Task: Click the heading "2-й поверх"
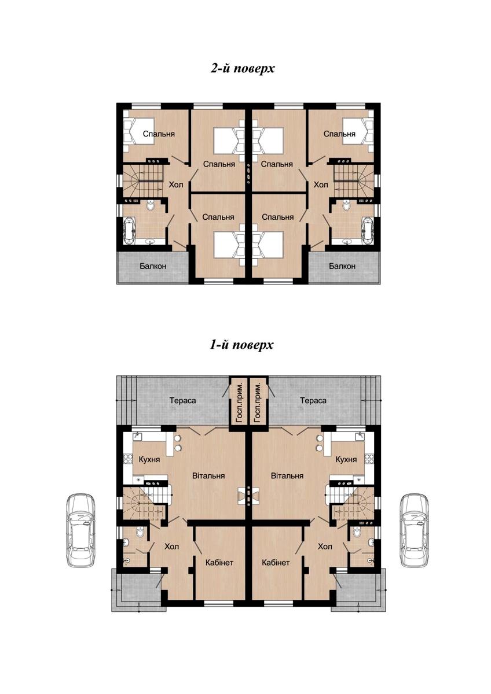coord(243,68)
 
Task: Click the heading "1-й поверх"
coord(241,345)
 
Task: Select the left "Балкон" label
coord(153,266)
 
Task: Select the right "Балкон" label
coord(342,266)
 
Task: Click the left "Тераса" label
coord(183,400)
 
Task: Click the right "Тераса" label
coord(313,400)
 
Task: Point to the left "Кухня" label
coord(149,459)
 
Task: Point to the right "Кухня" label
coord(346,459)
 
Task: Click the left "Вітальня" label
coord(208,475)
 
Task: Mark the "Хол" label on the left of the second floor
coord(176,185)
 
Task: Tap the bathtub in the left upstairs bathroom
coord(130,230)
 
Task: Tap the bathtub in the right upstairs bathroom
coord(368,230)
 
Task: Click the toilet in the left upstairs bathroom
coord(151,205)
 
